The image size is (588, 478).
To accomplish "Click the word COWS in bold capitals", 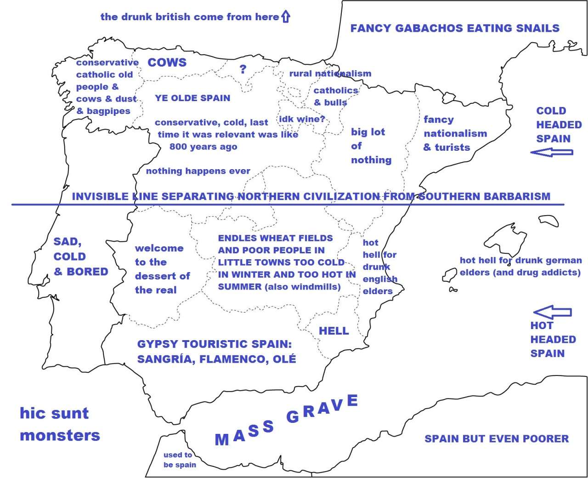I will point(167,63).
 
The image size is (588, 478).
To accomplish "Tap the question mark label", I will point(243,69).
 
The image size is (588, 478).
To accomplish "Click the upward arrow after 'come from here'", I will point(286,17).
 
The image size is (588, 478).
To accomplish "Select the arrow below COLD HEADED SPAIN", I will point(551,152).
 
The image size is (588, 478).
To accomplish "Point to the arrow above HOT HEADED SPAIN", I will point(553,313).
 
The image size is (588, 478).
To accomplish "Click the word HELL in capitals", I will point(334,331).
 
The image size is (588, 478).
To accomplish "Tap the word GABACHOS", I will point(424,28).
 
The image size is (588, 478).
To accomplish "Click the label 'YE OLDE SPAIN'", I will point(192,98).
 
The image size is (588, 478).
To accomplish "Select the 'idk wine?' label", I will point(302,119).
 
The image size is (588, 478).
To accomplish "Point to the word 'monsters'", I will point(60,435).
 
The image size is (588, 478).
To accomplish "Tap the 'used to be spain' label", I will point(179,460).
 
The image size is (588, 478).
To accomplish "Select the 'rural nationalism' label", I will point(330,74).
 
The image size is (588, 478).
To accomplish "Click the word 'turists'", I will point(452,147).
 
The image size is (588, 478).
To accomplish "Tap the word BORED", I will point(87,272).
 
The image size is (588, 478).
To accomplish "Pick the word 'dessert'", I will point(156,276).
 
